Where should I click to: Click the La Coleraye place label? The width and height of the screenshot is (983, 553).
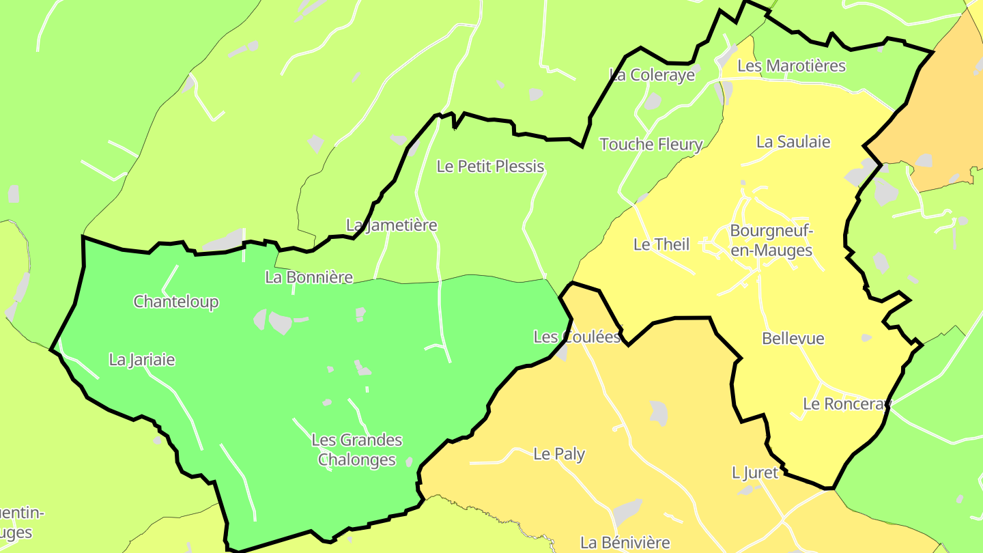click(x=652, y=75)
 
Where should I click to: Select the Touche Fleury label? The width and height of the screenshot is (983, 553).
click(x=651, y=144)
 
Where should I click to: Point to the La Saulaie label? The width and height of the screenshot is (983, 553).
click(x=793, y=142)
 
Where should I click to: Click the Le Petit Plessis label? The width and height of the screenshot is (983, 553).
click(x=490, y=167)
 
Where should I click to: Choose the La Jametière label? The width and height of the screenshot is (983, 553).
click(x=391, y=225)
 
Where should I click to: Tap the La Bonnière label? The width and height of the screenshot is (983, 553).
click(x=309, y=277)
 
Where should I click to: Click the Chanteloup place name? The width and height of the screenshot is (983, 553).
click(x=176, y=302)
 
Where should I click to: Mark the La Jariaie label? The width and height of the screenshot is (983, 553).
click(x=142, y=360)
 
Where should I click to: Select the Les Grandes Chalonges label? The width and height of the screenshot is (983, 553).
click(x=357, y=450)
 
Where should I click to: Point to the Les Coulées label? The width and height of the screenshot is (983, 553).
click(x=577, y=337)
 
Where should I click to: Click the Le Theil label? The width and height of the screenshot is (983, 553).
click(x=661, y=244)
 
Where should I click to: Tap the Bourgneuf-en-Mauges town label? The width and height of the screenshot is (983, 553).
click(x=771, y=240)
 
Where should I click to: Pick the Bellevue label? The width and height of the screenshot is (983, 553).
click(x=793, y=339)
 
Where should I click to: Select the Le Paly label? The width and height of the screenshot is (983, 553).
click(x=559, y=454)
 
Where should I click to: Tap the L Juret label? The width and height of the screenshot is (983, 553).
click(x=754, y=472)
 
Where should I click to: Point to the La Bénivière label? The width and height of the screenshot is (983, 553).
click(x=625, y=543)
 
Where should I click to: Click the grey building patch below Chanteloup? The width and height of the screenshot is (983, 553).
click(x=279, y=322)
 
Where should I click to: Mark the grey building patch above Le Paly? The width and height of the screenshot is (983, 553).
click(x=659, y=413)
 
